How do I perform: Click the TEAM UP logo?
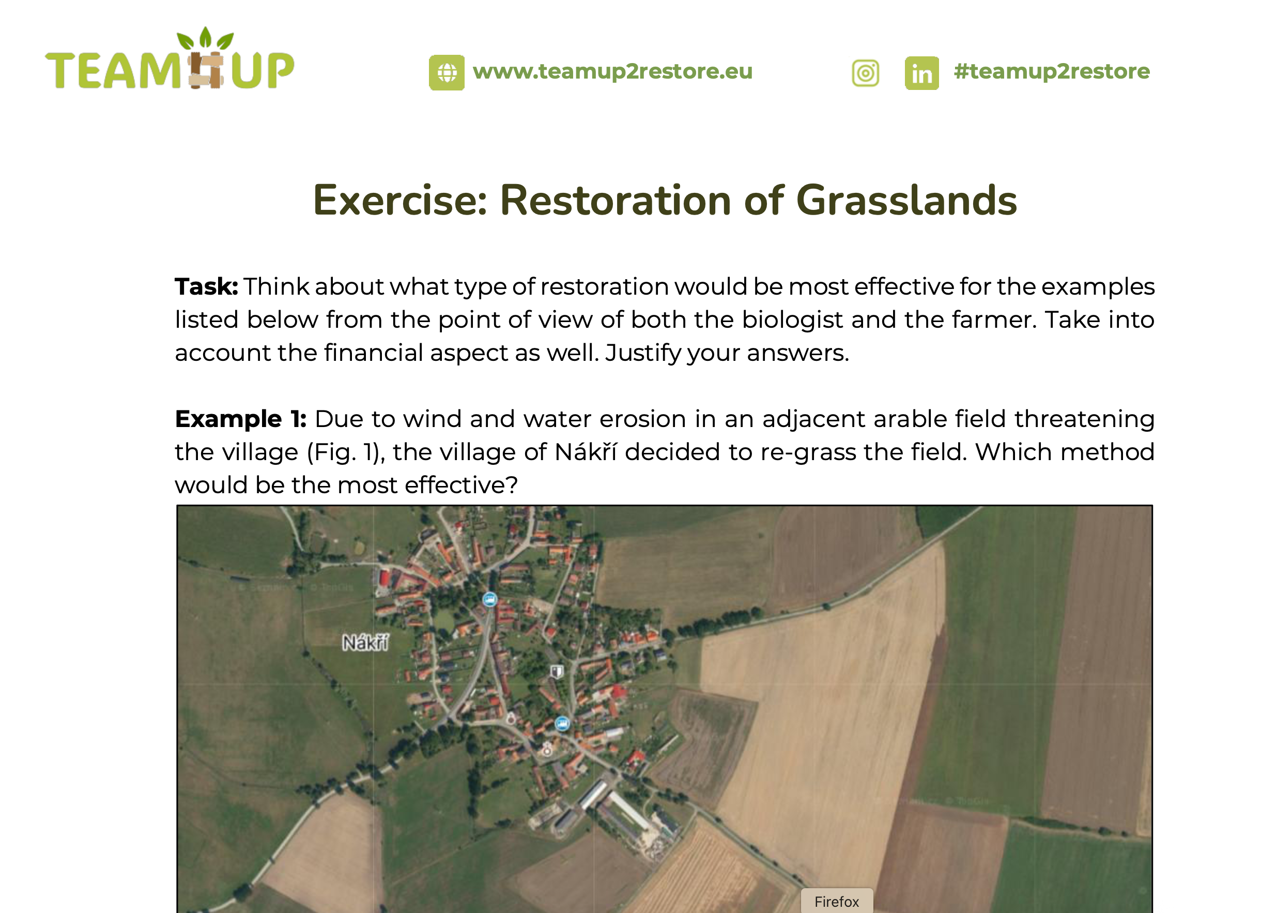[170, 59]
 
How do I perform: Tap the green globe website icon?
[447, 72]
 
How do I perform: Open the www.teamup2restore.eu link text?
[612, 72]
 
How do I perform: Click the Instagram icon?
[866, 73]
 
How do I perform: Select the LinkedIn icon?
[922, 73]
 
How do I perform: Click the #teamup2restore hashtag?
[1051, 71]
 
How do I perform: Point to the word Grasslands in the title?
[906, 200]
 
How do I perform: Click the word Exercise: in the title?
[401, 200]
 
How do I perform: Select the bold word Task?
[206, 287]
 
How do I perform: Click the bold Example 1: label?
[241, 419]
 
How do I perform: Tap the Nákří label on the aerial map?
[365, 643]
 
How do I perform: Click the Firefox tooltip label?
[837, 901]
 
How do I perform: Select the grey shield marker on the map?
[557, 671]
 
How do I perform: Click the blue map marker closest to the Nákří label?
[489, 599]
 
